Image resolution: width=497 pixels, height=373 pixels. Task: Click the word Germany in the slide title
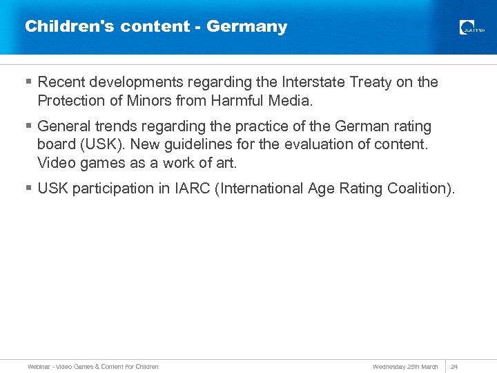point(246,27)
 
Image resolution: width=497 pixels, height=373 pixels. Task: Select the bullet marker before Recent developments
point(28,82)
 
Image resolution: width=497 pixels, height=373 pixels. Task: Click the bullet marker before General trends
point(28,126)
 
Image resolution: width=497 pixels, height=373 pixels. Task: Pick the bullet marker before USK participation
point(28,188)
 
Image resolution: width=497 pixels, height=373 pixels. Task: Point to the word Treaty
point(373,82)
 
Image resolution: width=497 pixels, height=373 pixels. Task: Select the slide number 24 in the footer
point(454,366)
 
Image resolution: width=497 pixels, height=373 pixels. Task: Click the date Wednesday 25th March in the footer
point(405,366)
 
